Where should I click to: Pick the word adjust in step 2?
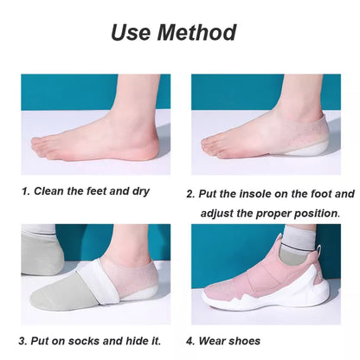pyautogui.click(x=220, y=213)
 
